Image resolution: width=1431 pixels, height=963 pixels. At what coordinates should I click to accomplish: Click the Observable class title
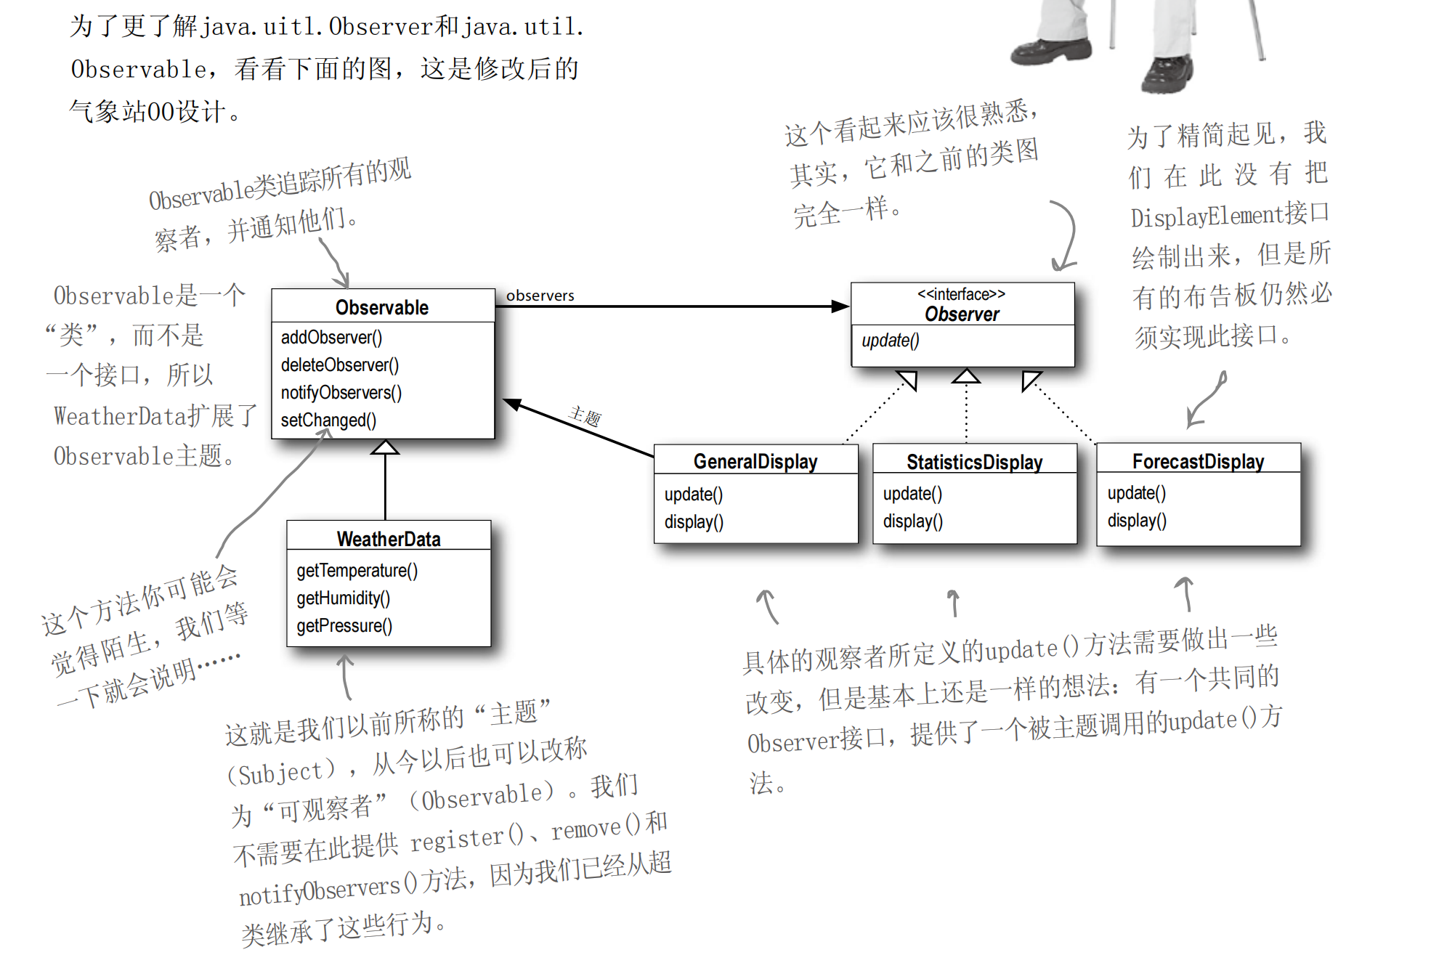pos(382,307)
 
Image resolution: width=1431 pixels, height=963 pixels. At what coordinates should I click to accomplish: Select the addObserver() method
pos(331,338)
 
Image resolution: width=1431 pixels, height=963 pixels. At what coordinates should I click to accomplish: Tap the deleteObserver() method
pos(340,365)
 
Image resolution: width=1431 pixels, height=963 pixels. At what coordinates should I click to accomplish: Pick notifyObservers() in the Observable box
pos(341,393)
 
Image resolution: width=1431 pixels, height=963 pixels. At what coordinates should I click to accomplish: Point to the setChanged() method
pos(328,420)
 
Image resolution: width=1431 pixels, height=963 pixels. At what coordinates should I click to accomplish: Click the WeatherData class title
pos(389,539)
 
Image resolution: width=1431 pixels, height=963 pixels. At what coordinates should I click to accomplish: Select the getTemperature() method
pos(357,571)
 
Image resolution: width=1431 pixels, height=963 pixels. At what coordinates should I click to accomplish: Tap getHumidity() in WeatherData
pos(343,598)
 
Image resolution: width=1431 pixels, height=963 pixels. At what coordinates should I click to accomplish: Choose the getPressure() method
pos(344,626)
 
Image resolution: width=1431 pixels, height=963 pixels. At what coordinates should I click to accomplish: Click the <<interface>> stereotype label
pos(961,294)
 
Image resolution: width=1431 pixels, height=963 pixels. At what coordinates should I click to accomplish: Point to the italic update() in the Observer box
pos(890,341)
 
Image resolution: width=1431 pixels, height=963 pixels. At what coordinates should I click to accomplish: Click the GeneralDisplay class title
pos(755,462)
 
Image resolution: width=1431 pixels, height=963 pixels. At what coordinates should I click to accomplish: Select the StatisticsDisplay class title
pos(974,462)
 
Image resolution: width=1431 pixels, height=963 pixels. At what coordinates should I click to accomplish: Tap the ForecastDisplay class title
pos(1198,462)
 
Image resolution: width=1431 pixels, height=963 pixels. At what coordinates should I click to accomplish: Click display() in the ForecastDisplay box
pos(1137,521)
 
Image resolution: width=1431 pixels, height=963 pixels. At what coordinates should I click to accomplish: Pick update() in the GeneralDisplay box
pos(693,495)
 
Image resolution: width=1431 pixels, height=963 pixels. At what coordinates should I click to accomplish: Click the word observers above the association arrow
pos(540,296)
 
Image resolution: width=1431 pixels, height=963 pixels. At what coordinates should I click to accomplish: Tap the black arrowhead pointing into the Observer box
pos(840,306)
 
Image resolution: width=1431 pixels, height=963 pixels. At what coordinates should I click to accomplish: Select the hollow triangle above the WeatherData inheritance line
pos(385,447)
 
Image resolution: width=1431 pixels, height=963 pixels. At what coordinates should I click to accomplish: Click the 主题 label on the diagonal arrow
pos(585,417)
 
